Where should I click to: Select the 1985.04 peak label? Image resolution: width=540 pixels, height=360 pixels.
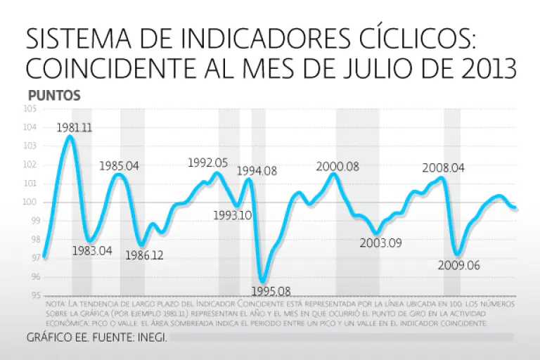119,166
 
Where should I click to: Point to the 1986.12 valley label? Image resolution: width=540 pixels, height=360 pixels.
144,255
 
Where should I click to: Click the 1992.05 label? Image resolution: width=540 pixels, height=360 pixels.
208,162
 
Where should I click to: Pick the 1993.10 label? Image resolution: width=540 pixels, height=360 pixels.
233,216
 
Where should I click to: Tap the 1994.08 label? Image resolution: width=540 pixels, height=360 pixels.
257,170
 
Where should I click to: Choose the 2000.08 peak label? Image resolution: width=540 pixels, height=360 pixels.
337,167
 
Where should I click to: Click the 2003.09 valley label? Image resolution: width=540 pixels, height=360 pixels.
380,243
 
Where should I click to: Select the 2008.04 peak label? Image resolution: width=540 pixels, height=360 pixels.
444,168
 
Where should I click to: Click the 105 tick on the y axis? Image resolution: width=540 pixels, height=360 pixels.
30,109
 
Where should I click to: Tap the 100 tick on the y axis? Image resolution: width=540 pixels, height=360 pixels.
30,202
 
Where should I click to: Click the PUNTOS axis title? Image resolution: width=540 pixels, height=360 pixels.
55,95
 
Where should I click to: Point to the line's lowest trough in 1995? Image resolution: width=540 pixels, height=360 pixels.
263,280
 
